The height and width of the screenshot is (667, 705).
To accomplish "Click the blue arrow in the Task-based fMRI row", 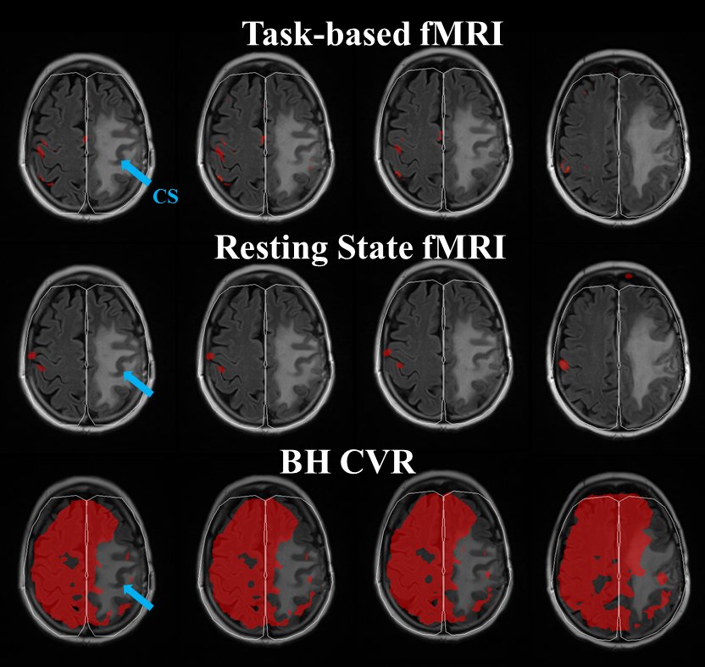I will point(135,172).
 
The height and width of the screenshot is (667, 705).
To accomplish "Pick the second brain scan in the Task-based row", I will point(264,140).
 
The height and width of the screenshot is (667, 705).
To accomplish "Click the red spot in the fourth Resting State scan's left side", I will point(563,366).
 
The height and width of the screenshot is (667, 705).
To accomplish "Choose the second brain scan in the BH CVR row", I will point(264,566).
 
